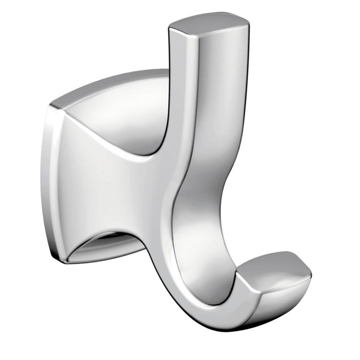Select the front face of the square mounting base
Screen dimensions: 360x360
pyautogui.click(x=105, y=187)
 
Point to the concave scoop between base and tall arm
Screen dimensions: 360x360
pyautogui.click(x=133, y=119)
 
